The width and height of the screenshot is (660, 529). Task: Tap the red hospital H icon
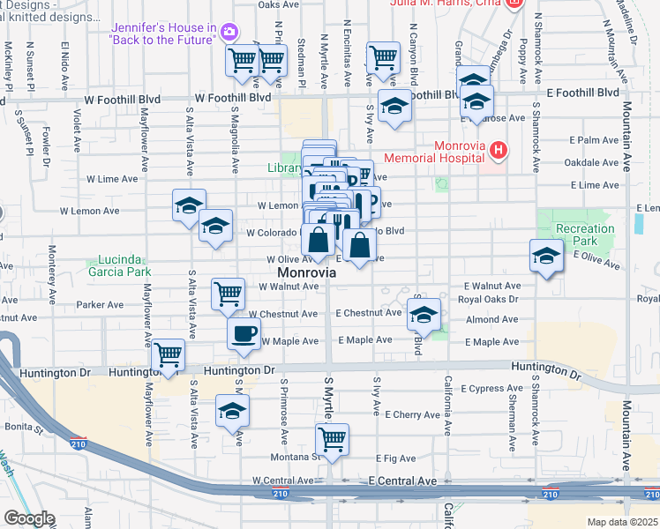(499, 151)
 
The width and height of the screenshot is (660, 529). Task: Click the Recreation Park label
(585, 235)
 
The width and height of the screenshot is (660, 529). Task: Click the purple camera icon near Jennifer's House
(229, 33)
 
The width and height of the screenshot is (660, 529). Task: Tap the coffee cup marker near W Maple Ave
(244, 333)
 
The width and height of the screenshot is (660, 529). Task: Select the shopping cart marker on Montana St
(333, 438)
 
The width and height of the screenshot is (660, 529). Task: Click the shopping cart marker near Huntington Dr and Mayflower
(169, 354)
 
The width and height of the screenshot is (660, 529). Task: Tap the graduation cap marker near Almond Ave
(424, 315)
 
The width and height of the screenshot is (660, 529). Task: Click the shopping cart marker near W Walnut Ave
(229, 292)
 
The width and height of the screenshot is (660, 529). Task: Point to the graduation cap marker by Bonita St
(233, 409)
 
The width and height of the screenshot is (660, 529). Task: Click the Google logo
(28, 518)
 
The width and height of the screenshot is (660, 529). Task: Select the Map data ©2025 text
(622, 522)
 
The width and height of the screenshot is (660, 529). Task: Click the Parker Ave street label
(100, 305)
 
